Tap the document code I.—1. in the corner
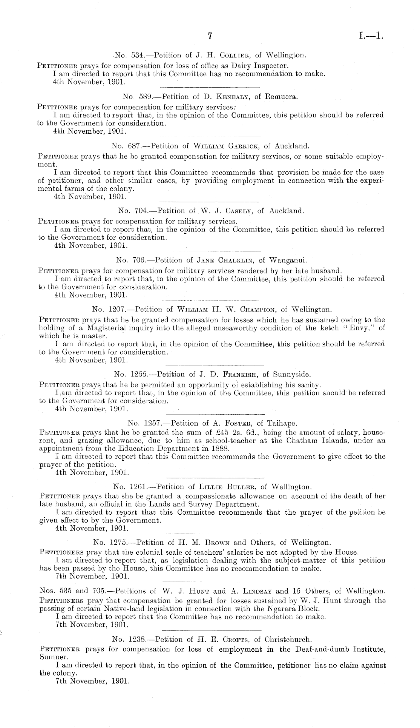coord(371,36)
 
